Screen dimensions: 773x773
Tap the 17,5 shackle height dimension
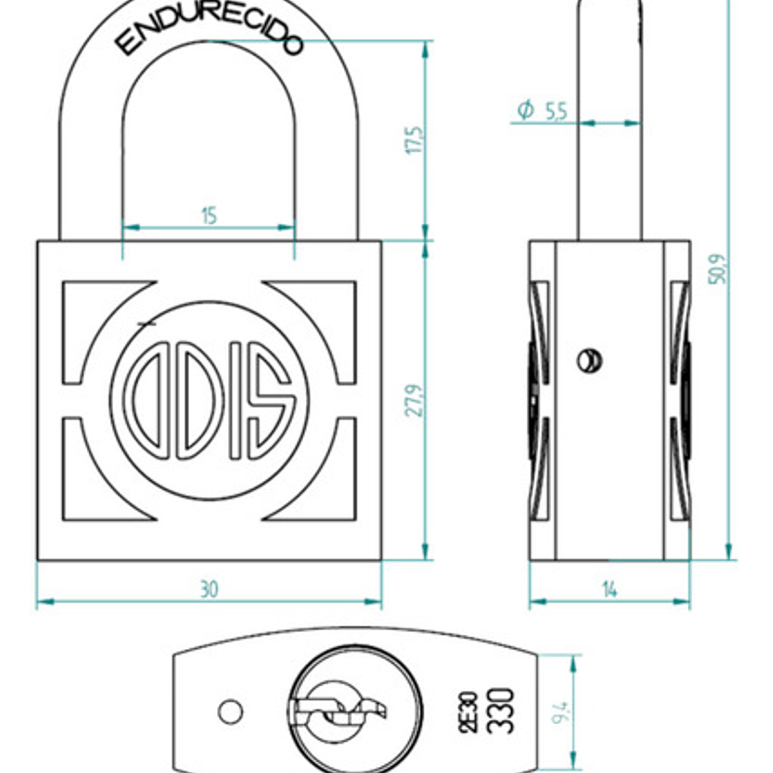414,140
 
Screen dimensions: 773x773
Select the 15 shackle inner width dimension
209,216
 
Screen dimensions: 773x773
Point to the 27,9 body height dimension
414,400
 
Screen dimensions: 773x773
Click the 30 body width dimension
209,589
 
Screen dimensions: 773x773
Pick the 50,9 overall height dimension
718,269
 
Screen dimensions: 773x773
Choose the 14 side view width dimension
610,590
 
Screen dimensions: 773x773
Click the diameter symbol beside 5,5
526,109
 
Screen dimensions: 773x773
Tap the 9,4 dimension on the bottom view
561,712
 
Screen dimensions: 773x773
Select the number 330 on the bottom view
501,711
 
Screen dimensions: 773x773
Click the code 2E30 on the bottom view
469,712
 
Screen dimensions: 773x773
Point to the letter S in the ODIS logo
271,400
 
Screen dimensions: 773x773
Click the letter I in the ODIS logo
235,400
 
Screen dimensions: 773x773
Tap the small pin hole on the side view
589,360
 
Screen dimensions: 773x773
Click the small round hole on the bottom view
231,711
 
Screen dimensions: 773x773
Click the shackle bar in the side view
609,136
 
